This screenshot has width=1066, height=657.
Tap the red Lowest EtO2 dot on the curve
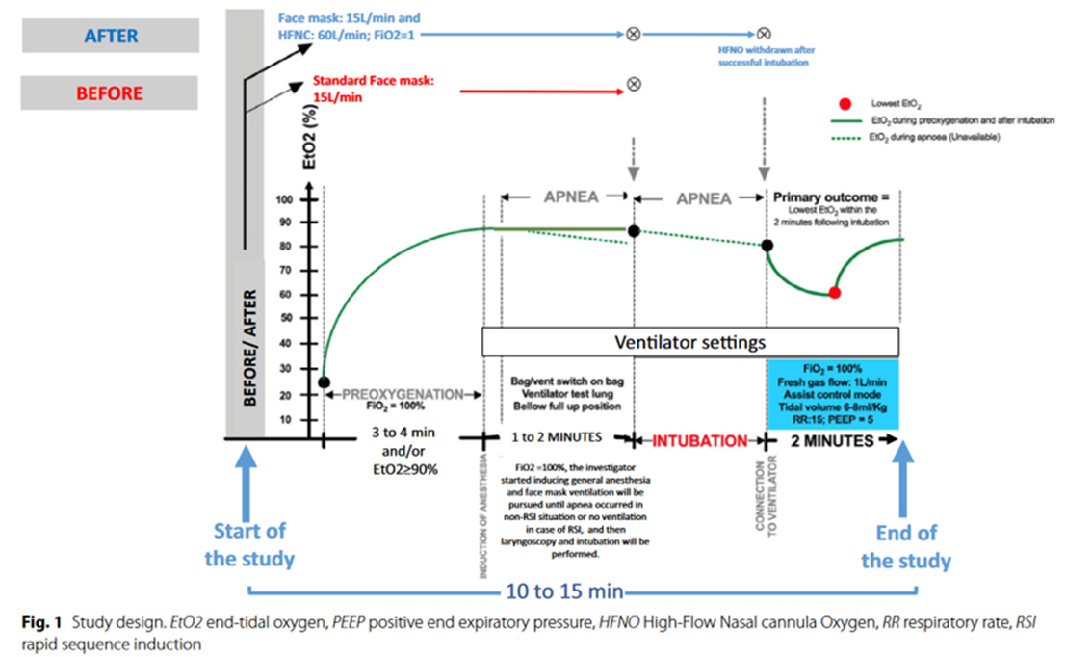835,291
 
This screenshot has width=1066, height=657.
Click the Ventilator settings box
689,342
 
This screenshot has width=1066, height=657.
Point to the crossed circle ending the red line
633,85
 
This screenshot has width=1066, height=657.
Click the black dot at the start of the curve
325,382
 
